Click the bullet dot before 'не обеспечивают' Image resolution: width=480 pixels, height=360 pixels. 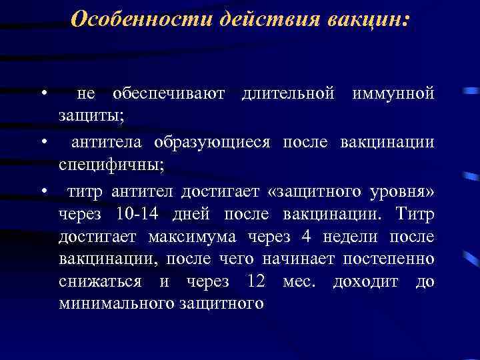(x=43, y=91)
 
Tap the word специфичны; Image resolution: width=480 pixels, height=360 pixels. (x=107, y=164)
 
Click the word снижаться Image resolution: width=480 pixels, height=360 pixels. (x=100, y=281)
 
